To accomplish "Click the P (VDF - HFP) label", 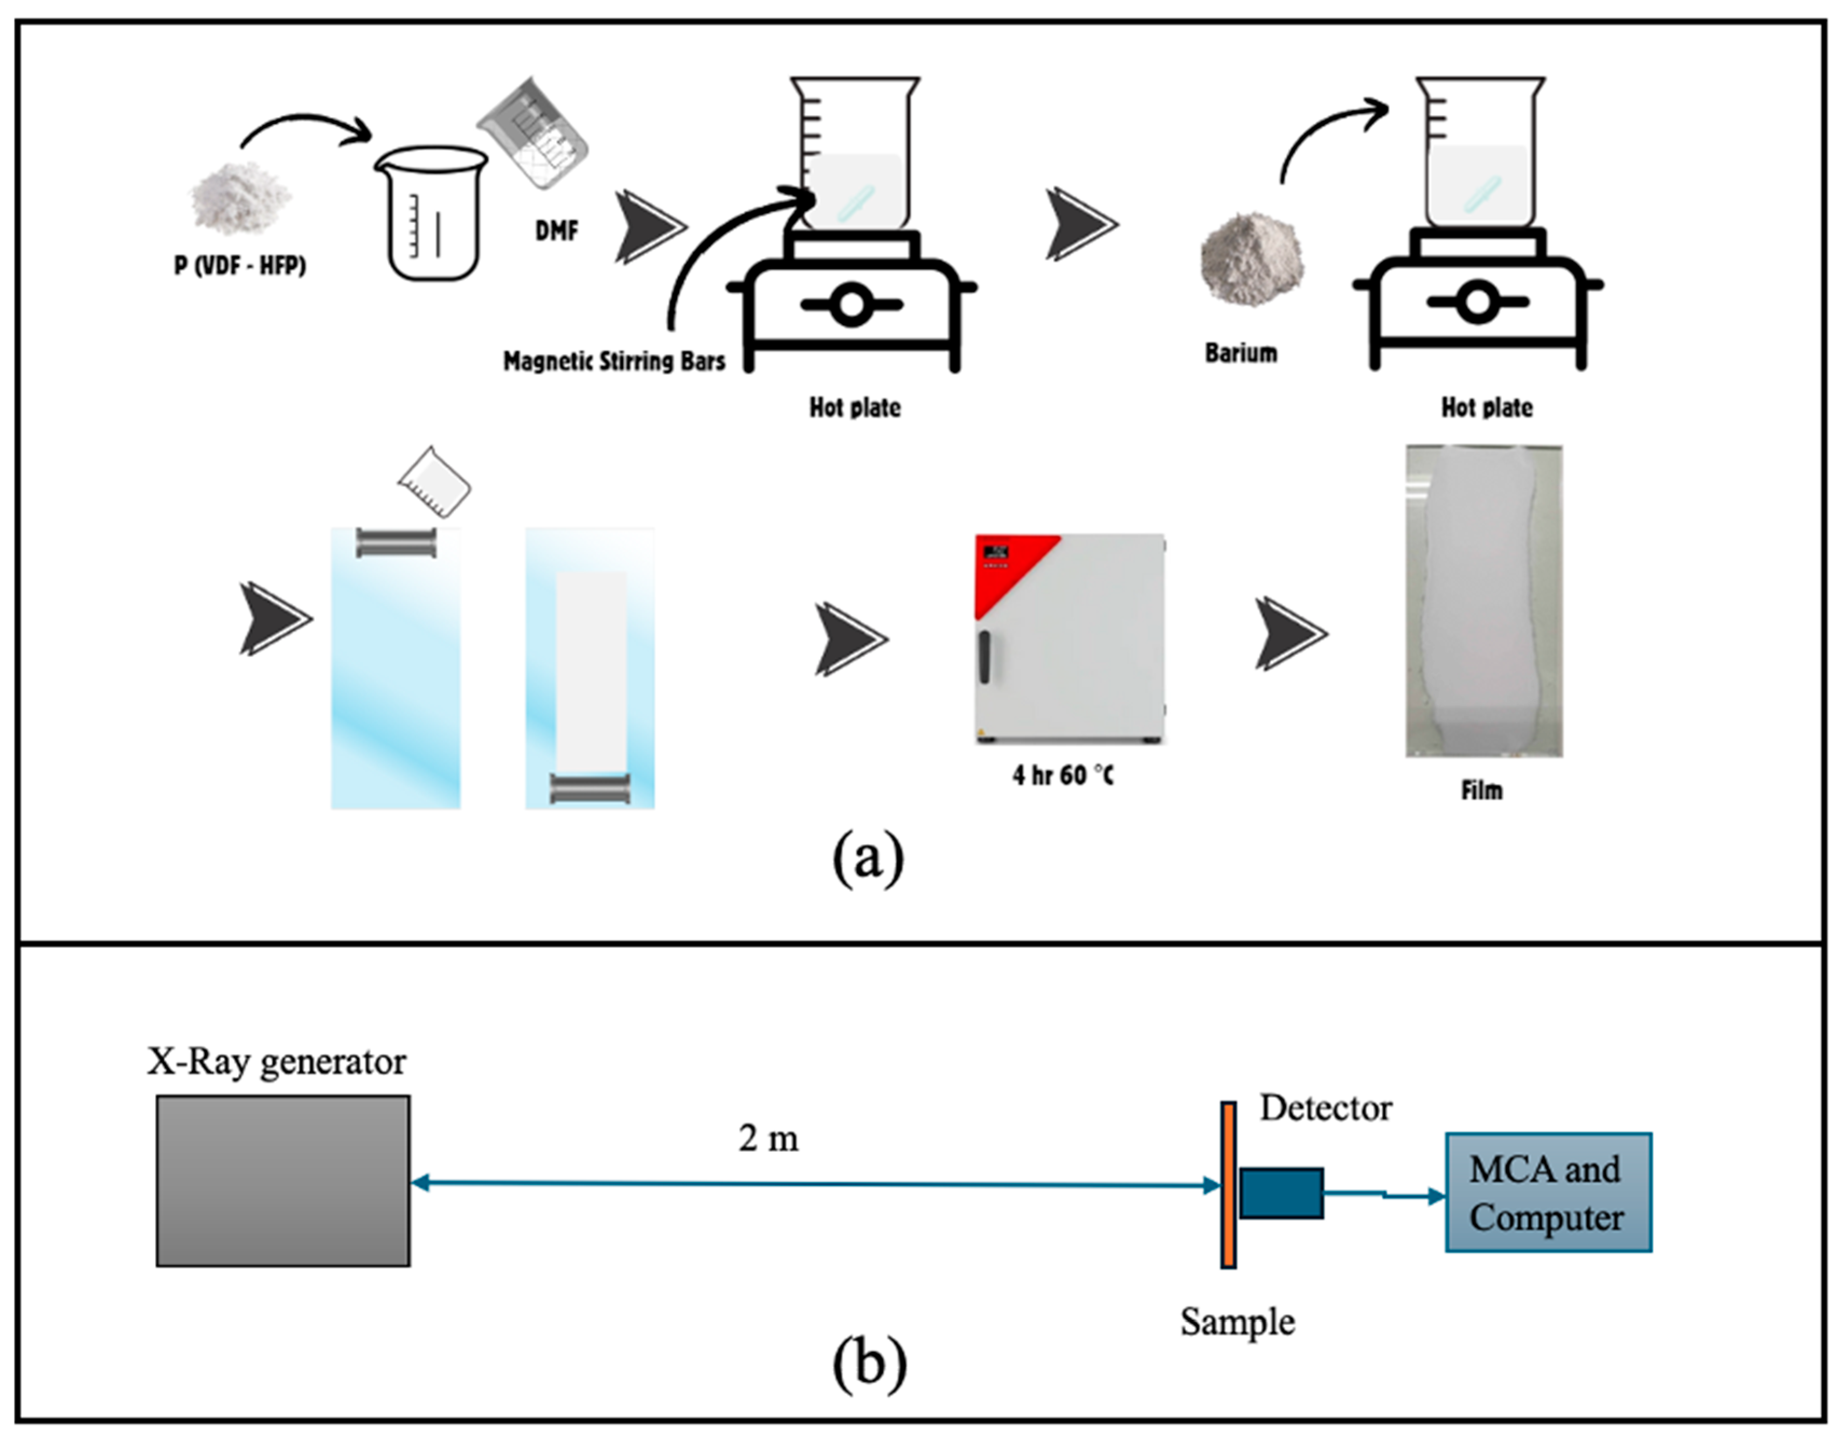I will pos(240,266).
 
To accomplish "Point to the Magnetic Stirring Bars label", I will pos(614,361).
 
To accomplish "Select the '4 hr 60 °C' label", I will pos(1063,775).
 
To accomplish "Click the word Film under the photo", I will pos(1482,791).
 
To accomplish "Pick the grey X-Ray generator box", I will pos(283,1181).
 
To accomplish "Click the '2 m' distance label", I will pos(768,1139).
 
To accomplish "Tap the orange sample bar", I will pos(1229,1185).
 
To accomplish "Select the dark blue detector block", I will pos(1281,1193).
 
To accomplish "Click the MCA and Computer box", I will pos(1548,1192).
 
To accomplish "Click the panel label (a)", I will pos(868,858).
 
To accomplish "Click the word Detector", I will pos(1326,1108).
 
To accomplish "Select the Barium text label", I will pos(1240,353).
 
